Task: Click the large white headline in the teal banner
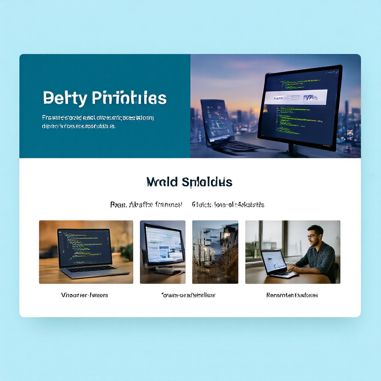pyautogui.click(x=105, y=97)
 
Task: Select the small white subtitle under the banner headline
pyautogui.click(x=98, y=122)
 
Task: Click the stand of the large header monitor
pyautogui.click(x=293, y=150)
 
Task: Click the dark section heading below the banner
pyautogui.click(x=189, y=182)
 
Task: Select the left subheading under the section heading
pyautogui.click(x=146, y=204)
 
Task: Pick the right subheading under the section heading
pyautogui.click(x=228, y=204)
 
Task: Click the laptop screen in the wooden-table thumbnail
pyautogui.click(x=84, y=247)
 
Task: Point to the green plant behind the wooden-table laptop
pyautogui.click(x=127, y=252)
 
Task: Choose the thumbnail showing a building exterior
pyautogui.click(x=215, y=252)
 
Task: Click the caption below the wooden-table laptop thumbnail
pyautogui.click(x=84, y=295)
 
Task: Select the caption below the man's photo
pyautogui.click(x=292, y=295)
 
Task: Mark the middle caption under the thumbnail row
pyautogui.click(x=188, y=295)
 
